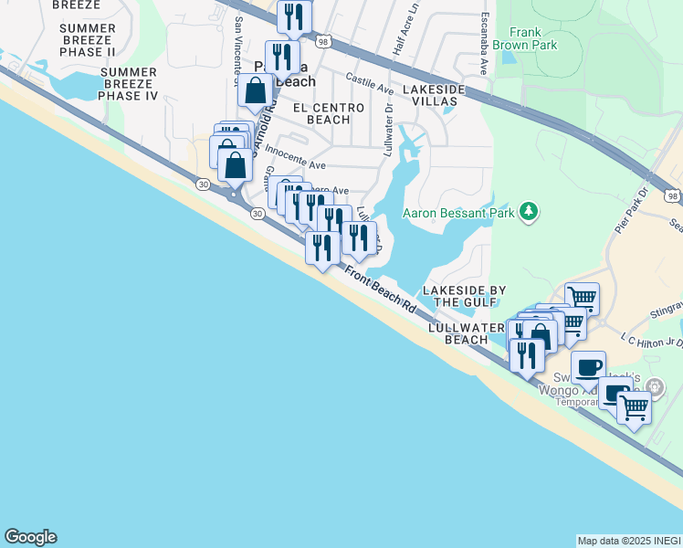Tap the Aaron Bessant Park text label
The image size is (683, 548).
point(459,214)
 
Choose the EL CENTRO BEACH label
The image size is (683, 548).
point(328,113)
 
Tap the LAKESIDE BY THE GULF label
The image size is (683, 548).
point(464,296)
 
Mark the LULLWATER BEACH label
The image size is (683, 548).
point(466,332)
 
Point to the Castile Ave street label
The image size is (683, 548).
point(370,85)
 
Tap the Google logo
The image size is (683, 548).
point(30,537)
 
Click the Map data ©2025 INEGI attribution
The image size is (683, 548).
point(629,541)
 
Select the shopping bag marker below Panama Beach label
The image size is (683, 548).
point(257,90)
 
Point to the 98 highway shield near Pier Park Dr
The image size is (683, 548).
point(672,196)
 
